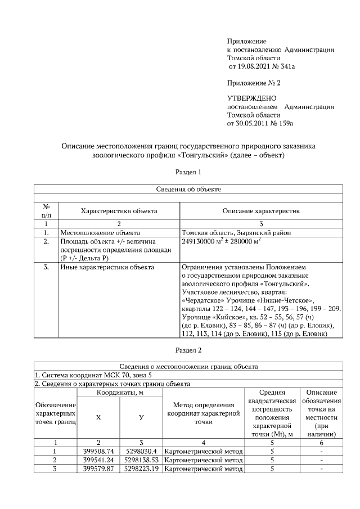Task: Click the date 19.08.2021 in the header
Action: point(255,66)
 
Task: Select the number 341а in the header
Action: point(285,66)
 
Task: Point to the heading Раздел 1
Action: point(188,171)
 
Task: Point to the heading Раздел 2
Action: point(188,351)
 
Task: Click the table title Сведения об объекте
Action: point(188,190)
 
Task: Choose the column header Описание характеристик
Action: point(261,211)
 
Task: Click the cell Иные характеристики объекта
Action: point(107,268)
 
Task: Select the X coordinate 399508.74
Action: point(98,451)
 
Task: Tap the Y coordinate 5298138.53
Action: point(142,460)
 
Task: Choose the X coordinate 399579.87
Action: point(98,469)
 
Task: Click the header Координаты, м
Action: point(119,393)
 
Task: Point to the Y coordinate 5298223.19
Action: point(142,469)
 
